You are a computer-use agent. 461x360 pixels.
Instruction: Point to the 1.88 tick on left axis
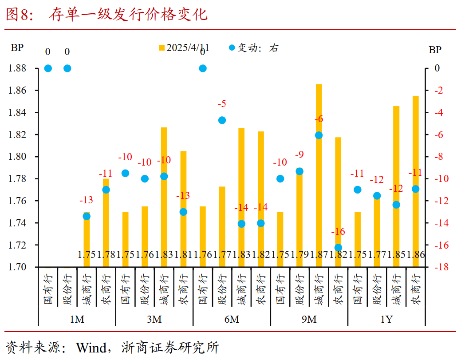(x=17, y=68)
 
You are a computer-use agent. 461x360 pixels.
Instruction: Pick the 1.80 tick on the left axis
(x=17, y=157)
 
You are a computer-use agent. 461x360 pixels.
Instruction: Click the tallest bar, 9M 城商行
(x=319, y=175)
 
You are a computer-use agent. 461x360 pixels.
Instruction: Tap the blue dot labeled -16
(x=338, y=248)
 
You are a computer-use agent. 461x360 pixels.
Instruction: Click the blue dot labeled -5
(x=222, y=120)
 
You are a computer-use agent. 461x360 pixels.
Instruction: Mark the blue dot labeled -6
(x=319, y=135)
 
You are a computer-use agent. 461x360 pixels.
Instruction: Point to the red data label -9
(x=299, y=155)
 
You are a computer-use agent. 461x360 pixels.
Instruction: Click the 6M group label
(x=231, y=320)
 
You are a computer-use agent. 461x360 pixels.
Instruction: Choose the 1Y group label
(x=386, y=320)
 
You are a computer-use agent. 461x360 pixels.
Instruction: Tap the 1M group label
(x=77, y=320)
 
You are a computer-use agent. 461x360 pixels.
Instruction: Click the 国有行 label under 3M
(x=125, y=289)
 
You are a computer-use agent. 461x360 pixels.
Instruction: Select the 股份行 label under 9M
(x=299, y=289)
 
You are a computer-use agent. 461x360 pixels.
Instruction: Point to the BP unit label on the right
(x=435, y=50)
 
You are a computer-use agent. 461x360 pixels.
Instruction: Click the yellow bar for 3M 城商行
(x=164, y=197)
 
